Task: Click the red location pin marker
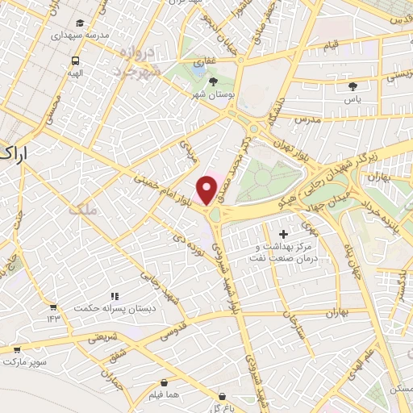pyautogui.click(x=207, y=190)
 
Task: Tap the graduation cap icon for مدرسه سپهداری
pyautogui.click(x=80, y=23)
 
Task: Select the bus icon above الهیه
pyautogui.click(x=75, y=60)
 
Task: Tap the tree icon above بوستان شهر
pyautogui.click(x=214, y=81)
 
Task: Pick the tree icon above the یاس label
pyautogui.click(x=352, y=86)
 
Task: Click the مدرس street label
pyautogui.click(x=307, y=119)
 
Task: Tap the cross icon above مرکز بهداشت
pyautogui.click(x=282, y=234)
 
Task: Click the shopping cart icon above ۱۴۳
pyautogui.click(x=53, y=307)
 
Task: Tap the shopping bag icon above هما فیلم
pyautogui.click(x=165, y=382)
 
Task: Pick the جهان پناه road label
pyautogui.click(x=353, y=254)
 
